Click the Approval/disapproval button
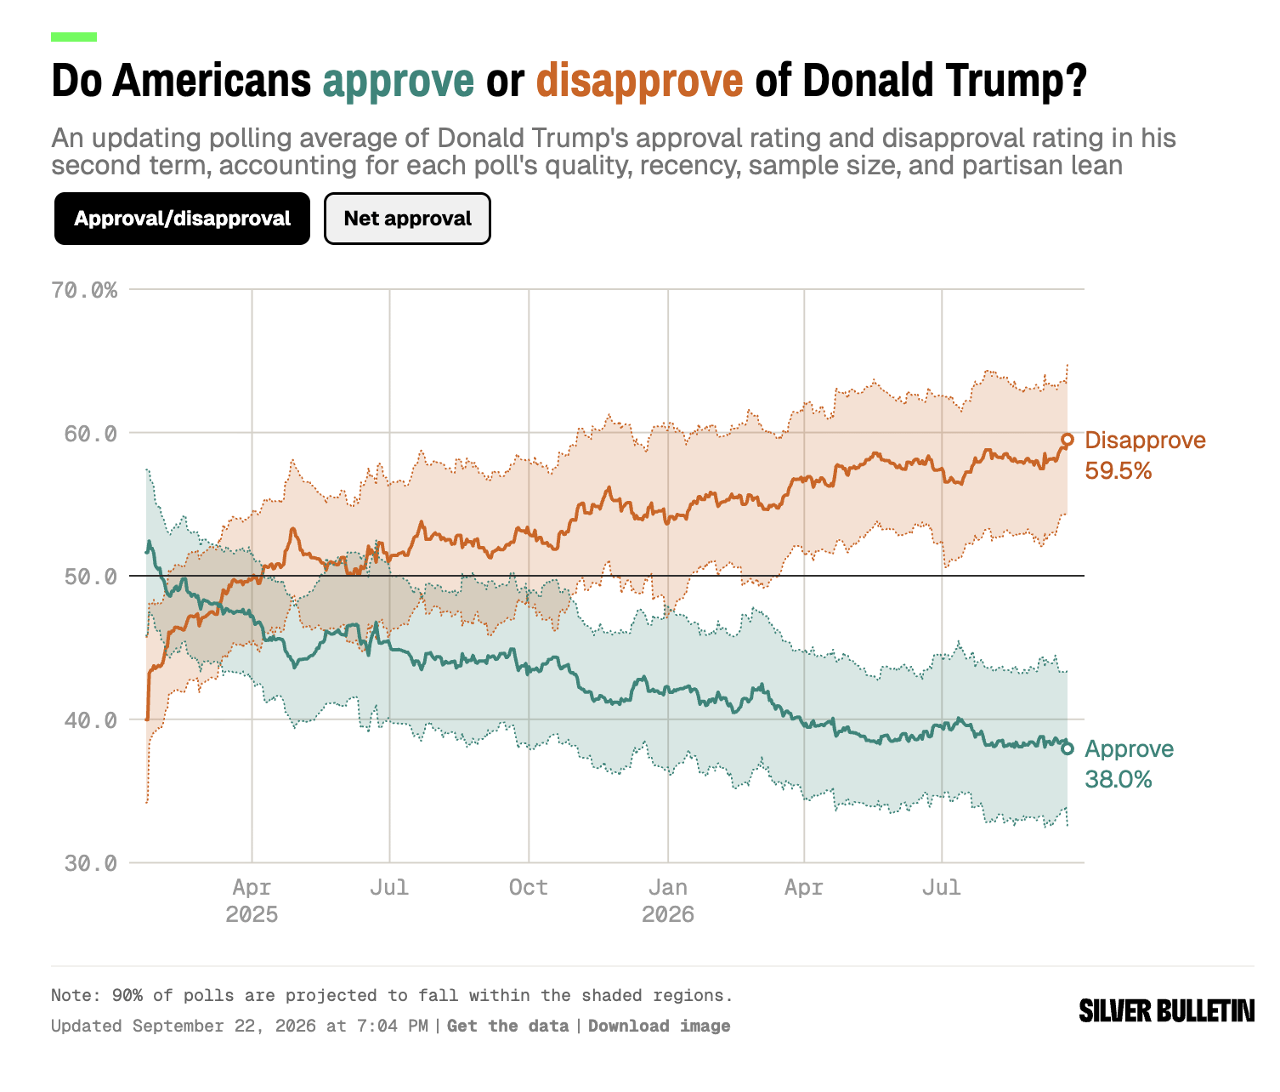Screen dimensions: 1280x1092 pyautogui.click(x=182, y=219)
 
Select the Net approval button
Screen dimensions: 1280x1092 pyautogui.click(x=407, y=219)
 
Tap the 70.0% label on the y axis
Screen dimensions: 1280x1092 pyautogui.click(x=84, y=290)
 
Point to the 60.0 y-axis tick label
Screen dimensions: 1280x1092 pyautogui.click(x=90, y=434)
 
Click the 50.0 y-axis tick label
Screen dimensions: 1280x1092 pyautogui.click(x=90, y=577)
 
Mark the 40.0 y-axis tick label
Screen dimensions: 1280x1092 pyautogui.click(x=90, y=720)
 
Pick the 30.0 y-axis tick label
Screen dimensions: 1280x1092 pyautogui.click(x=90, y=863)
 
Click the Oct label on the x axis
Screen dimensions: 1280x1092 pyautogui.click(x=528, y=888)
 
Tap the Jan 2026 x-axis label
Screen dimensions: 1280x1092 pyautogui.click(x=668, y=901)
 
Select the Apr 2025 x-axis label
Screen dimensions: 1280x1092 pyautogui.click(x=252, y=901)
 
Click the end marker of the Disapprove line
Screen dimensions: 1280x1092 pyautogui.click(x=1068, y=440)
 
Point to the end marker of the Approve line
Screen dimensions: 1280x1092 pyautogui.click(x=1068, y=748)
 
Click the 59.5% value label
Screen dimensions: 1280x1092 pyautogui.click(x=1119, y=471)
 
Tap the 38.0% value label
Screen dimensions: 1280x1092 pyautogui.click(x=1119, y=780)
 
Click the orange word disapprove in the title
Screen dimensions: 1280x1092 pyautogui.click(x=640, y=81)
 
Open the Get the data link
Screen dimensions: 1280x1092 pyautogui.click(x=507, y=1026)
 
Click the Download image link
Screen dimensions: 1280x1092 pyautogui.click(x=660, y=1026)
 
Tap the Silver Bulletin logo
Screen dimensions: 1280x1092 pyautogui.click(x=1167, y=1011)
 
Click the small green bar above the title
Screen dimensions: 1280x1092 pyautogui.click(x=74, y=37)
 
